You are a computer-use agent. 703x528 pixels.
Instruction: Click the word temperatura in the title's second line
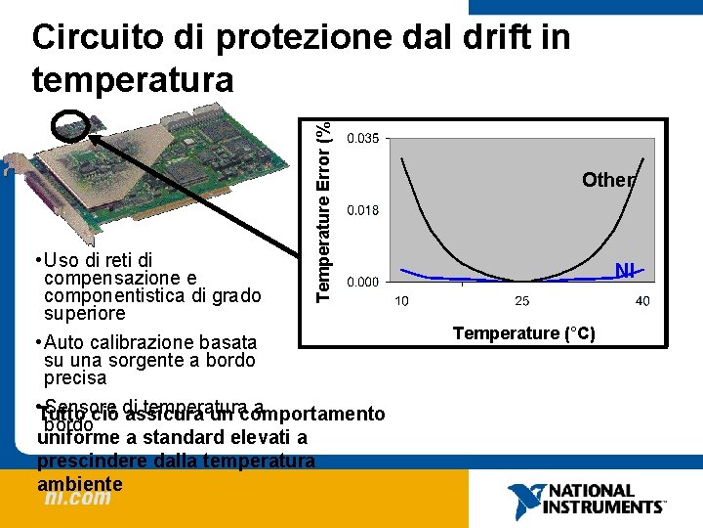click(x=133, y=79)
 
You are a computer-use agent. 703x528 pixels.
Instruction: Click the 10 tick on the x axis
click(x=402, y=301)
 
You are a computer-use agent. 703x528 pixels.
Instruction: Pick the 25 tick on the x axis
click(x=522, y=301)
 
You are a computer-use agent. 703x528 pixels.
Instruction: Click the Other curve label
click(x=608, y=180)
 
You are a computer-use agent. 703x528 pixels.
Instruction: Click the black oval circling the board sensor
click(x=72, y=123)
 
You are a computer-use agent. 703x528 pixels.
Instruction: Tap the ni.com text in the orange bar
click(x=77, y=498)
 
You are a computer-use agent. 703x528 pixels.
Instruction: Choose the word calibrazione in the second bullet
click(x=132, y=342)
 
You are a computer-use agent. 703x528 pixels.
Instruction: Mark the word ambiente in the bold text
click(x=80, y=483)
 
